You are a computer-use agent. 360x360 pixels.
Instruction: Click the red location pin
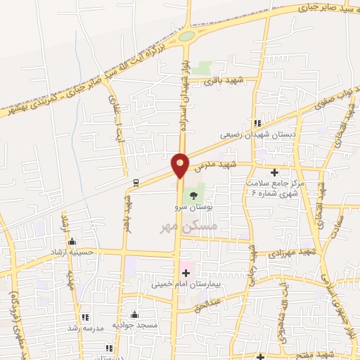click(180, 165)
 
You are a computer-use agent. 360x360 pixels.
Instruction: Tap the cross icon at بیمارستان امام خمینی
click(186, 273)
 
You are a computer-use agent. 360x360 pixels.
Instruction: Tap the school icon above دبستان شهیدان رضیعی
click(266, 123)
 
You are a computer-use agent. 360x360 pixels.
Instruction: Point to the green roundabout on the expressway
click(186, 36)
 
